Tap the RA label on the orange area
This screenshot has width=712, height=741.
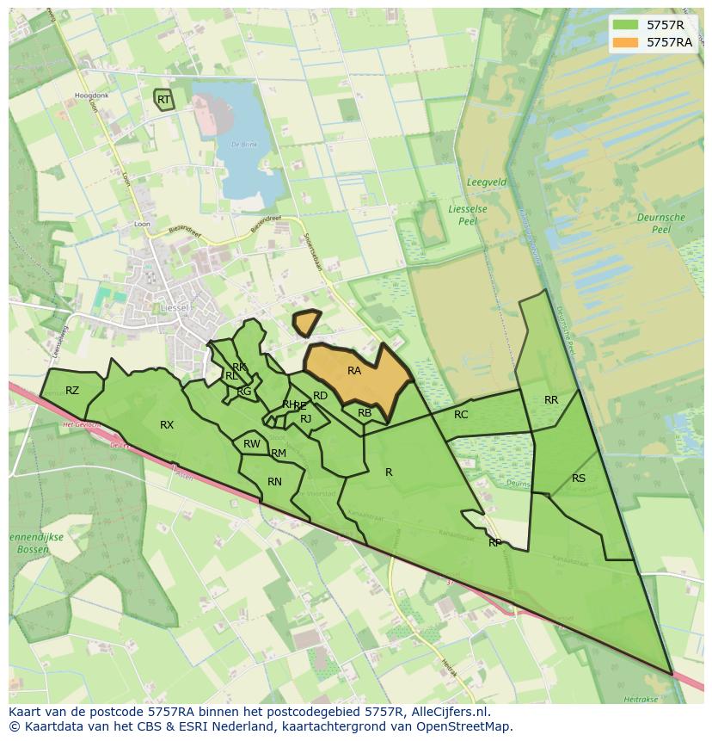(354, 371)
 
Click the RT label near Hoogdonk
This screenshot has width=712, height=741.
(163, 100)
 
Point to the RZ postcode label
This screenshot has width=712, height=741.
(72, 391)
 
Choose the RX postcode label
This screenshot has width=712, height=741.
(167, 425)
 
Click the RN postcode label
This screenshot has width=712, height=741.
(274, 482)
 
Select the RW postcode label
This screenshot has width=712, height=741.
(251, 444)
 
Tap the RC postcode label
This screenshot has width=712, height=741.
(461, 415)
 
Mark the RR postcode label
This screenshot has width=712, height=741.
(551, 400)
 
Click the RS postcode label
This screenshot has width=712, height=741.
(579, 479)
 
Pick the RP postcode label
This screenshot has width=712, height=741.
(495, 543)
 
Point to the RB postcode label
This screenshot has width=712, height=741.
(365, 413)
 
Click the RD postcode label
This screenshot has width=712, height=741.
(320, 396)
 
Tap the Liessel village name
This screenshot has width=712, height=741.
(175, 306)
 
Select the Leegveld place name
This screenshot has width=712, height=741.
(486, 182)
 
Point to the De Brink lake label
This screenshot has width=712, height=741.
(243, 144)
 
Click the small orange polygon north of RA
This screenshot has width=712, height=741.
(305, 323)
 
